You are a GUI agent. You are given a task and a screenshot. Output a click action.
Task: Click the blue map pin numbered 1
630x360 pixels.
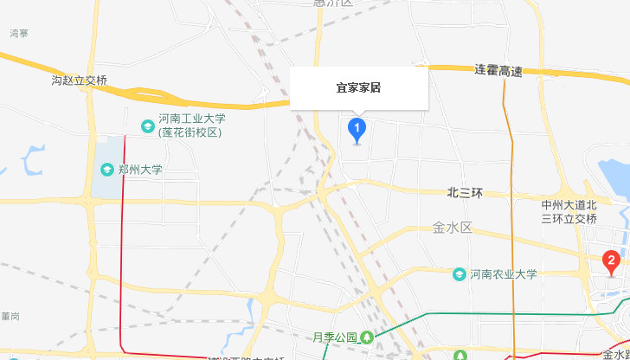357,130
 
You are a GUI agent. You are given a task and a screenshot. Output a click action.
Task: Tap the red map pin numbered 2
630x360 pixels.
611,260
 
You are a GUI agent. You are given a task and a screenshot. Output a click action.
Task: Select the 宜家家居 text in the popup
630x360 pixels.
359,87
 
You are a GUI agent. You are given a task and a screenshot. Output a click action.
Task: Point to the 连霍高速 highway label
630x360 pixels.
498,70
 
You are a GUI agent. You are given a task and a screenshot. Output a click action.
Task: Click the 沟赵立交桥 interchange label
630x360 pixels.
80,80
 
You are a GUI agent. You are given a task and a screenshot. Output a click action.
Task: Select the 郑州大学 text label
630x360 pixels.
140,170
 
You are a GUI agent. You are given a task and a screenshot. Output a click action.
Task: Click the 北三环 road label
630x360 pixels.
464,193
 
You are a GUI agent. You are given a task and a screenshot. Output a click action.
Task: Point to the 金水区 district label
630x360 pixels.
452,229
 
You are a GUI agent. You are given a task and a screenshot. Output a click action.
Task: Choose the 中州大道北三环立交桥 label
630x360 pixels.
569,212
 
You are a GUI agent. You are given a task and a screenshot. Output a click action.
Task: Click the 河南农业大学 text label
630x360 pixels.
504,274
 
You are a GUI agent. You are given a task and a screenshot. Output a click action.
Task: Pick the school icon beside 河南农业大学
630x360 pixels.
460,274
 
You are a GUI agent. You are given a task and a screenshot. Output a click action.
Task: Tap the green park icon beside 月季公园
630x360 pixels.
368,337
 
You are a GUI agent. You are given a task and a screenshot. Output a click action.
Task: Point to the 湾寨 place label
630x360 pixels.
19,33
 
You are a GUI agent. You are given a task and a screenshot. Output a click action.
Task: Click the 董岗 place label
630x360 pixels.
10,315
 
